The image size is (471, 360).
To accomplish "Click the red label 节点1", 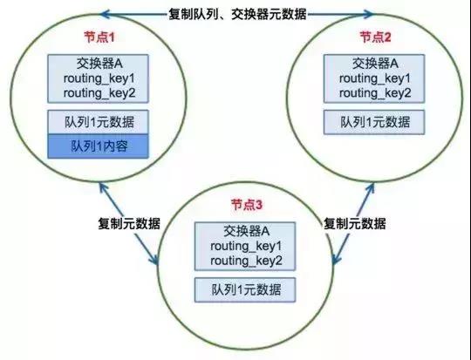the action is pyautogui.click(x=99, y=37).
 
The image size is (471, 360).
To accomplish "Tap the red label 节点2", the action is pyautogui.click(x=375, y=37).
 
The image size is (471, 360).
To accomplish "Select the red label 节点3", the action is pyautogui.click(x=246, y=205).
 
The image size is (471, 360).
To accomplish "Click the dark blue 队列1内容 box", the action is pyautogui.click(x=99, y=146).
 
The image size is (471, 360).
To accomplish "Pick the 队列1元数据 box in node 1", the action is pyautogui.click(x=99, y=122).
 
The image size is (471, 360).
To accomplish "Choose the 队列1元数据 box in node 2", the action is pyautogui.click(x=374, y=122).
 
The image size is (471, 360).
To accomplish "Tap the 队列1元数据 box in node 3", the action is pyautogui.click(x=245, y=289).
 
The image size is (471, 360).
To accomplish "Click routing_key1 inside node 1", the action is pyautogui.click(x=99, y=78).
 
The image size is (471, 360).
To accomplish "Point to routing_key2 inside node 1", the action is pyautogui.click(x=99, y=93).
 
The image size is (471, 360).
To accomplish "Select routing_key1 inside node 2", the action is pyautogui.click(x=375, y=78).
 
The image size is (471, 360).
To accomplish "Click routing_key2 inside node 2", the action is pyautogui.click(x=375, y=93).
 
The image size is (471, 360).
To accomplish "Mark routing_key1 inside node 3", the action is pyautogui.click(x=246, y=246).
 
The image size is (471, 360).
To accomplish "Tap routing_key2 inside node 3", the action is pyautogui.click(x=246, y=261).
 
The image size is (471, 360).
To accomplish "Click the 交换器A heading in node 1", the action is pyautogui.click(x=99, y=64).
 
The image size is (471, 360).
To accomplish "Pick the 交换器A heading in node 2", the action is pyautogui.click(x=375, y=64).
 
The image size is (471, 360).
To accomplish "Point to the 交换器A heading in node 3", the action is pyautogui.click(x=246, y=231).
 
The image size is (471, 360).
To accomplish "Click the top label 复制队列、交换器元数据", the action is pyautogui.click(x=237, y=14).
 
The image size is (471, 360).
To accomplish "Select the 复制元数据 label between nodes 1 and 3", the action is pyautogui.click(x=129, y=223).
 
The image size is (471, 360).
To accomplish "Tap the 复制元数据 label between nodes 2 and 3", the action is pyautogui.click(x=354, y=223).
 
